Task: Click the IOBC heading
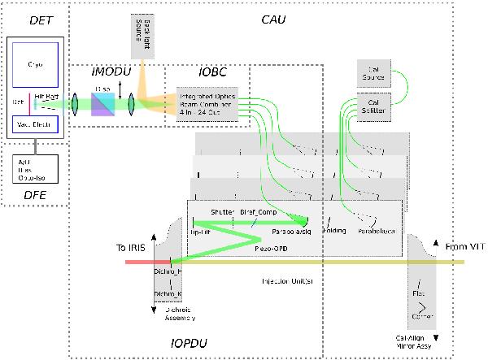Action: coord(190,72)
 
